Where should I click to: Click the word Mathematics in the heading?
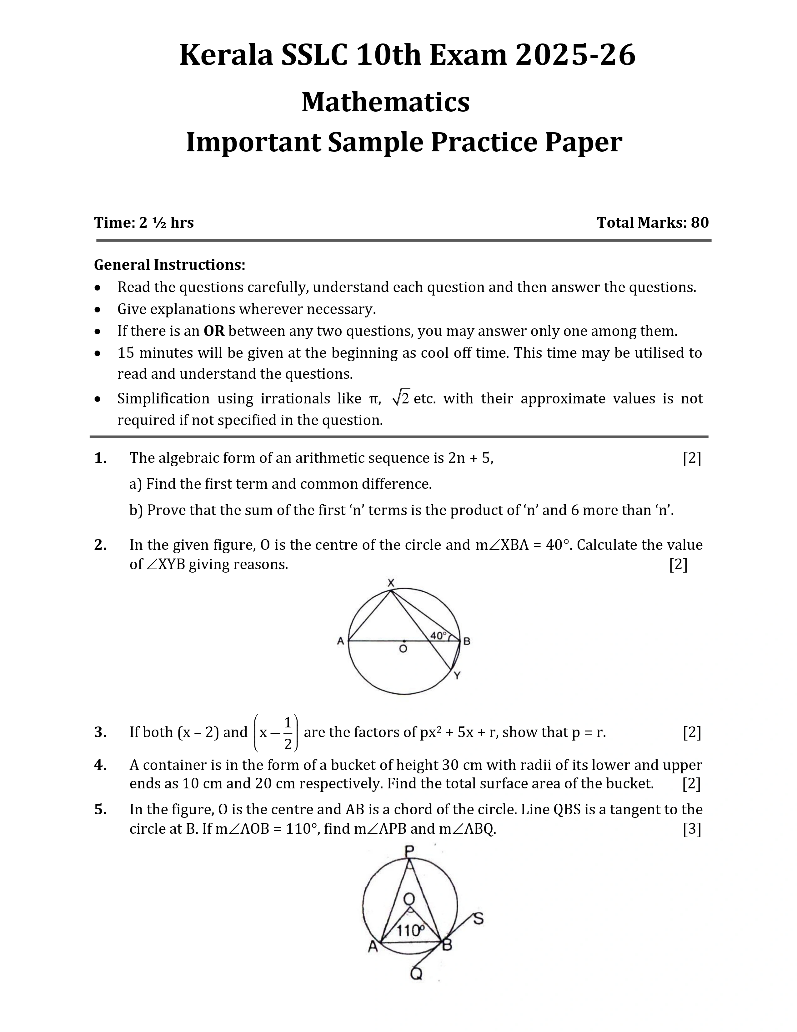point(385,102)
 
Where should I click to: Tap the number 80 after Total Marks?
point(700,223)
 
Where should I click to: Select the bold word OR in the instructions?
point(214,331)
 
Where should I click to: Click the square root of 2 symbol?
point(401,398)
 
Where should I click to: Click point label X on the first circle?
point(391,583)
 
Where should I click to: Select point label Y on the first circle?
point(457,676)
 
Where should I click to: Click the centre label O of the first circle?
point(403,649)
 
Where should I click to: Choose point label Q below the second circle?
point(416,974)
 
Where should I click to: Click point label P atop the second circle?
point(409,851)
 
